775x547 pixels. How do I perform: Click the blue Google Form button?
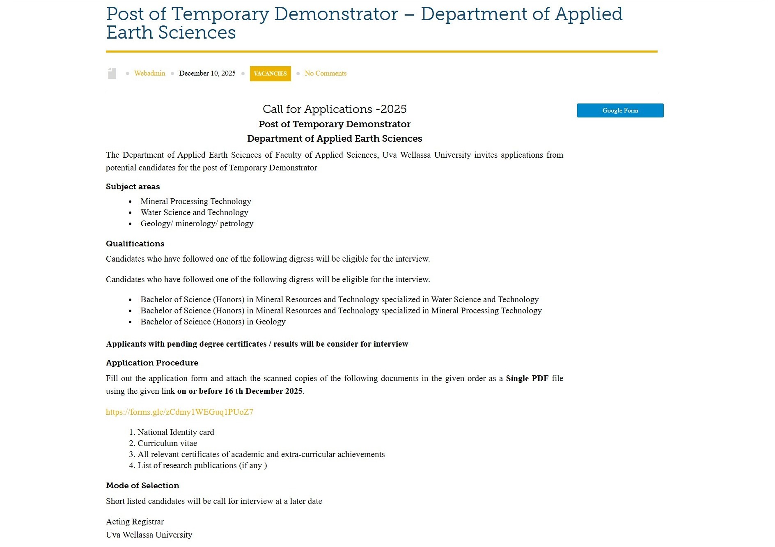click(620, 110)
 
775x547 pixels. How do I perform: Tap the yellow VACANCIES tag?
click(270, 74)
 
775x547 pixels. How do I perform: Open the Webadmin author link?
click(149, 73)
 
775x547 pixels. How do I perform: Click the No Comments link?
click(325, 73)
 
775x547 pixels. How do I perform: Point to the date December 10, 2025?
click(207, 73)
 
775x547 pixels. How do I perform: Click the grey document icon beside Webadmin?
click(112, 73)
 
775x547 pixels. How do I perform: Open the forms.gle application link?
click(179, 412)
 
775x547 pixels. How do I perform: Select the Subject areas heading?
click(133, 186)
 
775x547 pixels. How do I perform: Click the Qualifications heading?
click(135, 244)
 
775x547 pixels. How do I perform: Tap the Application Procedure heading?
click(152, 363)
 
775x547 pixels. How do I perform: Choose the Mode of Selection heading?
click(142, 485)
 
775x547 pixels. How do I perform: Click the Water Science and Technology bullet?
click(194, 212)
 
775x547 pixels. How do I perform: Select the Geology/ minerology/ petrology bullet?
click(197, 223)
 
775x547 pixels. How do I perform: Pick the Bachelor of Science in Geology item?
click(213, 322)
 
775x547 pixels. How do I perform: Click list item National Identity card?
click(176, 432)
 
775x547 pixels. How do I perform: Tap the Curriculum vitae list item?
click(167, 443)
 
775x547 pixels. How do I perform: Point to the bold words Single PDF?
click(527, 378)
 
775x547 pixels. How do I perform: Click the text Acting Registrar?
click(135, 522)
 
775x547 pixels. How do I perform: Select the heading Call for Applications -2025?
click(334, 109)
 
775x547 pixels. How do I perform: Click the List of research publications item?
click(202, 465)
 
